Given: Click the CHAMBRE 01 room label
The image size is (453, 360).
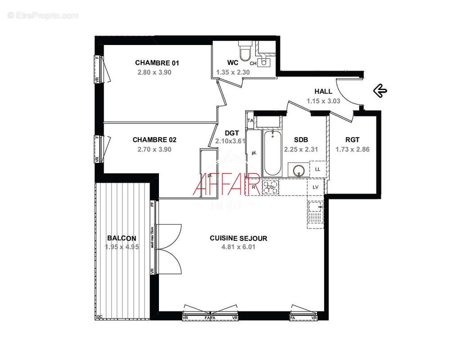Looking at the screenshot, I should point(154,63).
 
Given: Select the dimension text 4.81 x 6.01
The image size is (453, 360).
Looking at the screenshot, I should point(238,247).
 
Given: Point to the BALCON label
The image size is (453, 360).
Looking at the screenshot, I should point(121,238).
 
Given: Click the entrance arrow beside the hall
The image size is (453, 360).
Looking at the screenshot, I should point(380,91).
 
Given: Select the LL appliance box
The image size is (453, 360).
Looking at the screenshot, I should point(317,169).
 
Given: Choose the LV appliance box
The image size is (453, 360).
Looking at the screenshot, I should point(315,186).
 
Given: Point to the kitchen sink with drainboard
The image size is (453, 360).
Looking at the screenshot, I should point(315,213).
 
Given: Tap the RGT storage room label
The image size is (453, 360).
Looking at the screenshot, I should point(352,140).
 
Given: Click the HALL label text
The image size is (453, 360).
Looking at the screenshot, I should point(323,92).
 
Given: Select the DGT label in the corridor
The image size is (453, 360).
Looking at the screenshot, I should point(231,133).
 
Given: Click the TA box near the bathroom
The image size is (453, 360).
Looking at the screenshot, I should point(250,121).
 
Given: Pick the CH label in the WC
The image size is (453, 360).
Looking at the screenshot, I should point(253,63).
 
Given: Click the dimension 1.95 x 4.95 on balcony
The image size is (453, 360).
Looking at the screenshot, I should point(121,247).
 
